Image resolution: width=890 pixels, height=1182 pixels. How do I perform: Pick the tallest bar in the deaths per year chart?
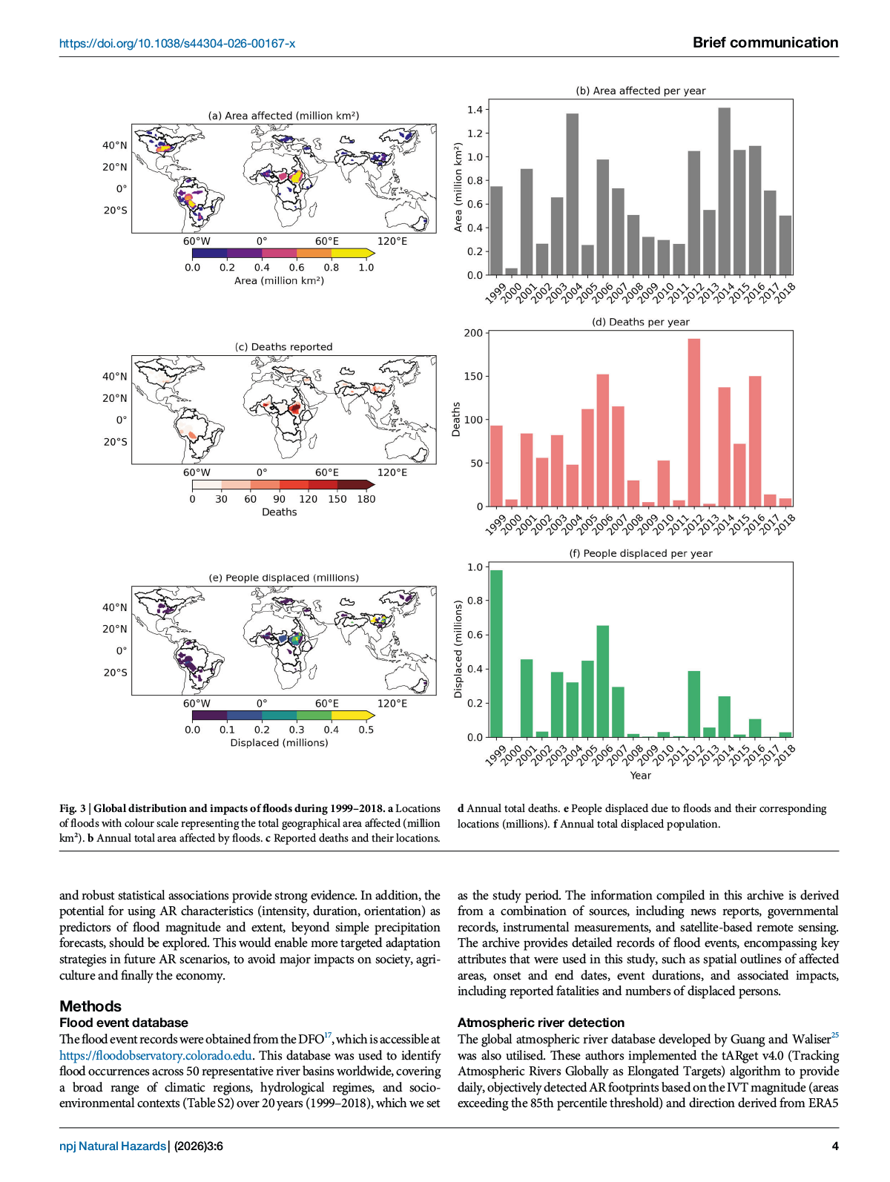click(693, 423)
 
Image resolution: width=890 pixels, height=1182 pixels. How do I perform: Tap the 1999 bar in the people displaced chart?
click(496, 653)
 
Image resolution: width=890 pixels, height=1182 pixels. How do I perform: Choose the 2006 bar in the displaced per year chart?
click(602, 681)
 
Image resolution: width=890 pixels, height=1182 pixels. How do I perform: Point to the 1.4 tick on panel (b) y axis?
click(474, 110)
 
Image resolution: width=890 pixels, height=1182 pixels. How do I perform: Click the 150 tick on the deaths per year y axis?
click(472, 377)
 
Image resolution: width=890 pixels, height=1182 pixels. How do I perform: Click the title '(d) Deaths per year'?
click(640, 322)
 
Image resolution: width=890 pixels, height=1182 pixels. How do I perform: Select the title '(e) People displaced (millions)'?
click(283, 578)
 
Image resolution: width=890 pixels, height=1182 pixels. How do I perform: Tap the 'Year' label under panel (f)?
click(640, 776)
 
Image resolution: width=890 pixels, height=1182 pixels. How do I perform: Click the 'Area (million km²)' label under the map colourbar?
click(279, 281)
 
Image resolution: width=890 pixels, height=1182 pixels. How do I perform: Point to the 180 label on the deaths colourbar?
click(366, 499)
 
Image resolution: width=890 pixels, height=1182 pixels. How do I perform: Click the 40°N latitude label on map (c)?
click(115, 377)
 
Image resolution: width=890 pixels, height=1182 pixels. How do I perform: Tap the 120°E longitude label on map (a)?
click(392, 241)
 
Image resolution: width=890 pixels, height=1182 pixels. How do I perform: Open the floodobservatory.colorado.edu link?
click(156, 1055)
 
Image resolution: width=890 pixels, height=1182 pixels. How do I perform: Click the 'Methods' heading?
click(90, 1006)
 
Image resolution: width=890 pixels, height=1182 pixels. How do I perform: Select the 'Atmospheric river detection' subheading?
click(541, 1023)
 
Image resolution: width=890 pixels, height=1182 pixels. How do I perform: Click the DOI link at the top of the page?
click(177, 44)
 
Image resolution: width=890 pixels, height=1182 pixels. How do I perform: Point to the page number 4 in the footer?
click(835, 1146)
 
